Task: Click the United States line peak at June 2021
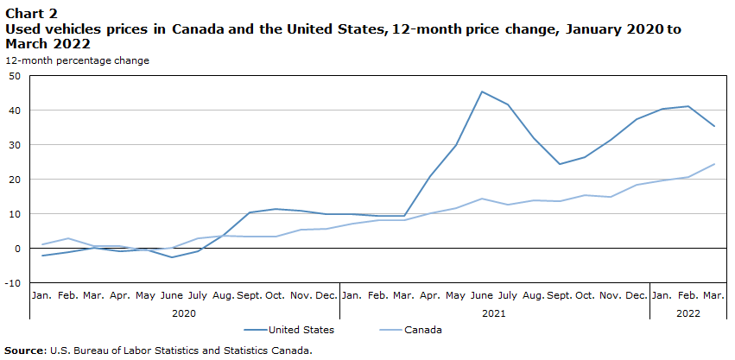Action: [481, 92]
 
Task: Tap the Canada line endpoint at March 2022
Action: [714, 164]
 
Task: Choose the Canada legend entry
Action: [424, 330]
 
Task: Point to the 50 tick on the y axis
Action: [14, 76]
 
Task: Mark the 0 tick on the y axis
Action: [16, 249]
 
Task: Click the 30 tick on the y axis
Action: [14, 145]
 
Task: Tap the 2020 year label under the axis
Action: [184, 313]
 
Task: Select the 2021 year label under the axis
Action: [494, 313]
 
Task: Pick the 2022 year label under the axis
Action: [688, 313]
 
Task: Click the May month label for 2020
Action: [145, 296]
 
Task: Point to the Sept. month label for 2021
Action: [560, 296]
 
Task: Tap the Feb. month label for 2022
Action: [688, 296]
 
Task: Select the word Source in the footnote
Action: [25, 351]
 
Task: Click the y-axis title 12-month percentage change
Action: [77, 60]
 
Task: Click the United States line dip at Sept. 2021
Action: [559, 164]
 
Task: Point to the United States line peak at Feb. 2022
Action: [688, 106]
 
